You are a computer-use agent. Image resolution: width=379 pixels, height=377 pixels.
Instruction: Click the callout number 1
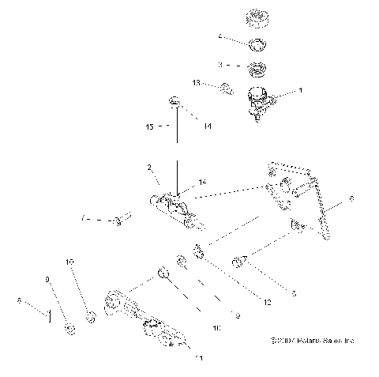(x=300, y=91)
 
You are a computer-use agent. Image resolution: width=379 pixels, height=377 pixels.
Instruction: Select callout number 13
(x=197, y=82)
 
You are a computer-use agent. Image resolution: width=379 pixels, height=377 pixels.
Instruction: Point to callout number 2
(x=148, y=168)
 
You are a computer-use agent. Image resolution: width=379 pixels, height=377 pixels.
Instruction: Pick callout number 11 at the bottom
(x=199, y=358)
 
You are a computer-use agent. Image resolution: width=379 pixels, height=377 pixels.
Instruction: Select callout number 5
(x=295, y=293)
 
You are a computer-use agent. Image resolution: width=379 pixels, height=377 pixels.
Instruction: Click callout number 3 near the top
(x=221, y=66)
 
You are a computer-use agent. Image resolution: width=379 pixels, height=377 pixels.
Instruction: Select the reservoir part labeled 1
(x=258, y=101)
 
